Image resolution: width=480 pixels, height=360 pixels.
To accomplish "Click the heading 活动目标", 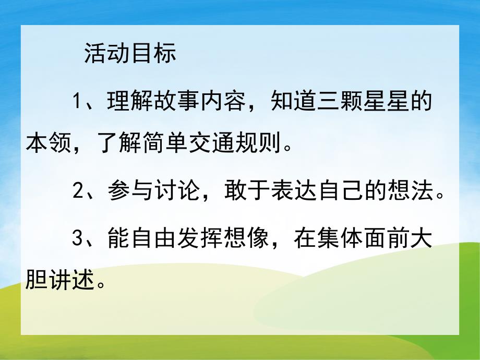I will pyautogui.click(x=130, y=54).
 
